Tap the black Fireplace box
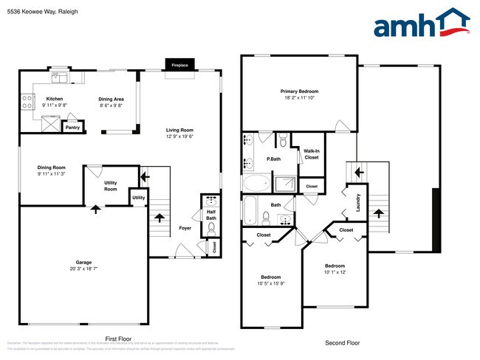coord(180,65)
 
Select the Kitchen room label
coord(55,99)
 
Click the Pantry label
coord(72,128)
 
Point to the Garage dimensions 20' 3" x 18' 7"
coord(83,269)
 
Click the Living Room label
coord(179,131)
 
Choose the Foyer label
coord(185,228)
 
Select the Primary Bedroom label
coord(299,91)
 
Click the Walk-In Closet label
coord(312,153)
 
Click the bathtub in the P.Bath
coord(258,184)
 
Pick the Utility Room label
coord(111,187)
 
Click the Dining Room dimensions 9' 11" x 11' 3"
coord(51,175)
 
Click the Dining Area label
coord(112,99)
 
